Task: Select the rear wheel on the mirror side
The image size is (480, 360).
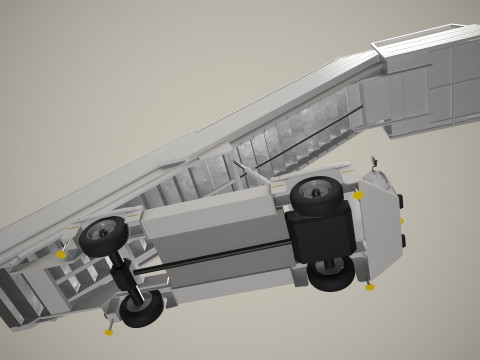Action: pos(103,236)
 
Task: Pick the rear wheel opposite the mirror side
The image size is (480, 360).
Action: pos(143,309)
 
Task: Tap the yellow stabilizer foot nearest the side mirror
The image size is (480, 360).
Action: pos(358,196)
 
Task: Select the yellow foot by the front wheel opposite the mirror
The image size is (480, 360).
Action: pos(370,288)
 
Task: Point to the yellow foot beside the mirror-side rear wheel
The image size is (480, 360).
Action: pos(62,255)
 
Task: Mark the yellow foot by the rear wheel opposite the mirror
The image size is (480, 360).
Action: pos(109,329)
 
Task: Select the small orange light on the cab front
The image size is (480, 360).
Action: pos(401,221)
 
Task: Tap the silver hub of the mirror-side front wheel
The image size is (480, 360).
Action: pos(316,194)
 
